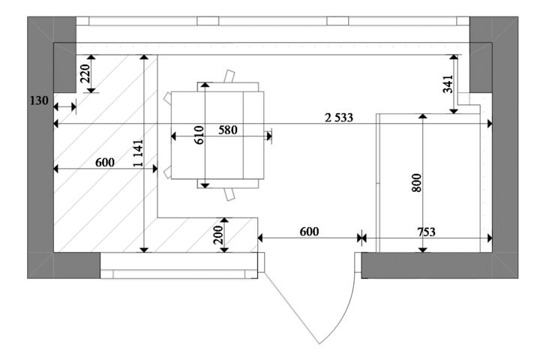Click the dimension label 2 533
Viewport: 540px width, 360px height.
[339, 118]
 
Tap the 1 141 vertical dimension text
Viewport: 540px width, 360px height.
[138, 153]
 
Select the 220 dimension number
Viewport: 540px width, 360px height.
[85, 73]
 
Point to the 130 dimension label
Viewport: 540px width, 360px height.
[38, 101]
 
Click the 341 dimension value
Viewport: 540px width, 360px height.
[448, 84]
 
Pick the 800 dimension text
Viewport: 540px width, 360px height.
[416, 182]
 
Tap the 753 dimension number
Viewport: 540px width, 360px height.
[426, 232]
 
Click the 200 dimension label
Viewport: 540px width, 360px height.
[218, 235]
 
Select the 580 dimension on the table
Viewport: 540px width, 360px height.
[228, 130]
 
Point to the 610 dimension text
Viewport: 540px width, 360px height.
[199, 135]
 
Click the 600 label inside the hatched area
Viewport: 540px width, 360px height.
[105, 162]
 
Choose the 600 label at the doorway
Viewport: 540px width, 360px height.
[309, 232]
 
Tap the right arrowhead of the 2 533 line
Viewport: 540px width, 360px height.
[489, 124]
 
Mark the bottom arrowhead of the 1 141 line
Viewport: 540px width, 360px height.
[144, 250]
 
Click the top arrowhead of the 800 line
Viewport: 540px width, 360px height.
[422, 116]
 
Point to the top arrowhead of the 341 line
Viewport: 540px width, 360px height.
[454, 57]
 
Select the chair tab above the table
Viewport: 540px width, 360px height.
[229, 76]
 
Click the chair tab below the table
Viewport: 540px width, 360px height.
[229, 194]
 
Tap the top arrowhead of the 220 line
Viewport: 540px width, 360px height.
[91, 57]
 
